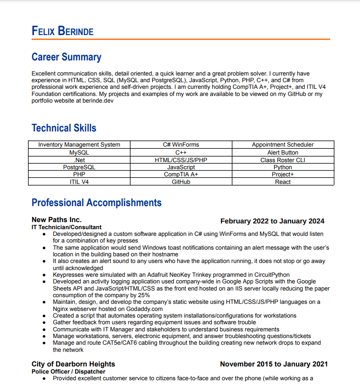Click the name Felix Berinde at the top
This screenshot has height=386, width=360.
[x=63, y=31]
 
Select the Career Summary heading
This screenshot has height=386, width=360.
[x=66, y=57]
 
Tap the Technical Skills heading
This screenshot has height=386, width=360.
[x=64, y=128]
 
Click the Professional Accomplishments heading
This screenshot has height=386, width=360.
[x=96, y=203]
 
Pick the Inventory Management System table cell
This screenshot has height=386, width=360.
[x=79, y=144]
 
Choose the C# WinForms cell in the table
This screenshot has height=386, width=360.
[x=181, y=144]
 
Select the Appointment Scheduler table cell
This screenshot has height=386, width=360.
[x=283, y=144]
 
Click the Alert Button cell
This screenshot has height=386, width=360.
[x=283, y=152]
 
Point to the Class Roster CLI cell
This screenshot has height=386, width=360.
[x=283, y=160]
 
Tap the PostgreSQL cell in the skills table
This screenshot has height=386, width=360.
[x=79, y=167]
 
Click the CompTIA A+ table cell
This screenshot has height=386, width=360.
[x=181, y=175]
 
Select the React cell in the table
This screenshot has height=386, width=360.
[x=283, y=182]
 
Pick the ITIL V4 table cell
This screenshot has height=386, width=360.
[x=79, y=182]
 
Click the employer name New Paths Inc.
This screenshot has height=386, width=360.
[x=56, y=219]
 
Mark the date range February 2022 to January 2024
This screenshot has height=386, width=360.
[x=272, y=221]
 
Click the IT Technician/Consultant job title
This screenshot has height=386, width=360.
[x=67, y=227]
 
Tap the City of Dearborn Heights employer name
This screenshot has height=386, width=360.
[x=73, y=364]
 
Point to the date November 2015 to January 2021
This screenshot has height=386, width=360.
[x=274, y=364]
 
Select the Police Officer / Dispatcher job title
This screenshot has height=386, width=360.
[x=68, y=371]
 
